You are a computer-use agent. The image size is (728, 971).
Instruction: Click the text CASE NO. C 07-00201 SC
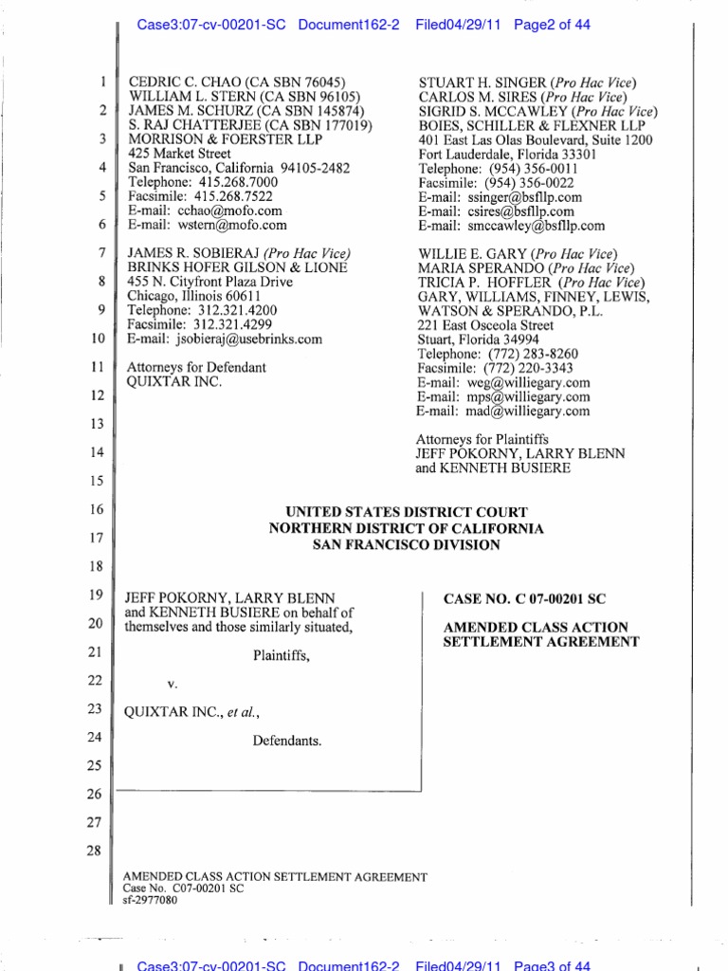(x=524, y=599)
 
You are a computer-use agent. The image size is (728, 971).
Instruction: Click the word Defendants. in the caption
(x=286, y=742)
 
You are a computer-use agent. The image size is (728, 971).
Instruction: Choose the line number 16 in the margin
(x=93, y=510)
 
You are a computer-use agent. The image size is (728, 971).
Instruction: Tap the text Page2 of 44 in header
(x=552, y=25)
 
